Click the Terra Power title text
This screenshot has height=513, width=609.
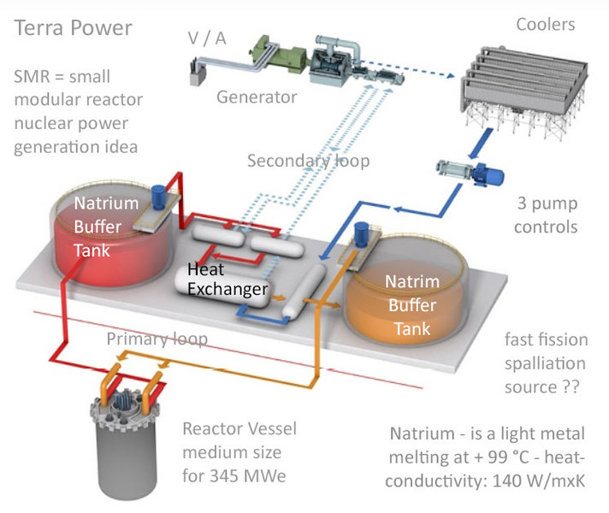click(74, 28)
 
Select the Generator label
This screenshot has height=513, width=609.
click(256, 97)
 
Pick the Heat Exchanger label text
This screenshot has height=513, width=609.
click(227, 280)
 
